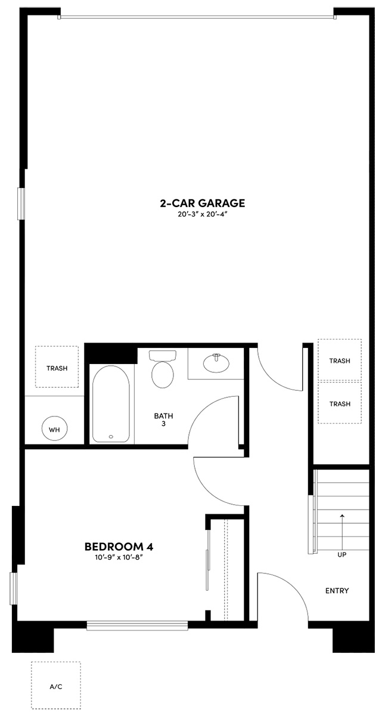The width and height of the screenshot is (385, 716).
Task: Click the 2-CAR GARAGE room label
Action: click(x=202, y=203)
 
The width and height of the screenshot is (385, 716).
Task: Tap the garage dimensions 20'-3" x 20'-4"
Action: click(x=202, y=214)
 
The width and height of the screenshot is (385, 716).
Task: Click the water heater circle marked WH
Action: click(x=54, y=429)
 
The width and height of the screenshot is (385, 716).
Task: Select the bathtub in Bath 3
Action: click(x=111, y=403)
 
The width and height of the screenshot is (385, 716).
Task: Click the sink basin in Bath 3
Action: click(x=216, y=362)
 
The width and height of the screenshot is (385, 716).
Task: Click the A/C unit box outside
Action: click(x=56, y=687)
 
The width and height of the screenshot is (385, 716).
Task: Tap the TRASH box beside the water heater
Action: click(x=57, y=368)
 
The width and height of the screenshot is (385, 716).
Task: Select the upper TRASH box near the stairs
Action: click(x=340, y=360)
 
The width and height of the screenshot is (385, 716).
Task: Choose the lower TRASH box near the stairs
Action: click(x=340, y=403)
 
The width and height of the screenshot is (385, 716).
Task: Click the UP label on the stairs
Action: click(x=342, y=554)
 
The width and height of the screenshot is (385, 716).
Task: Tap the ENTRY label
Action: click(x=337, y=591)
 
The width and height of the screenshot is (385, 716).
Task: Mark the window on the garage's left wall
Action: click(x=21, y=204)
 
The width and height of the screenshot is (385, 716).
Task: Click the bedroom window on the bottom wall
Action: click(x=146, y=625)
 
